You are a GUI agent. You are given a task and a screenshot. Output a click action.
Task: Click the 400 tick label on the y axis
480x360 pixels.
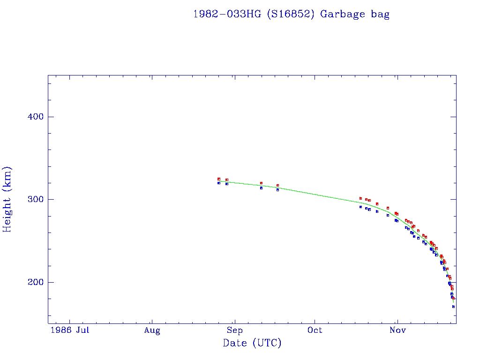click(x=33, y=117)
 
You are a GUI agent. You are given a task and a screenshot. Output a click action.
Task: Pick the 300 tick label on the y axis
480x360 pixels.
click(x=33, y=200)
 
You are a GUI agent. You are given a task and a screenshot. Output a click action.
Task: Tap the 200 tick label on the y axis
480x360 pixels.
click(x=33, y=282)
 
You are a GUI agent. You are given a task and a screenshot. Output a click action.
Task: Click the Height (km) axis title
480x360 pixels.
click(x=7, y=200)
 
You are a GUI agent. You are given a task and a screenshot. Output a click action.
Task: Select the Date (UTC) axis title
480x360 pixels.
click(x=252, y=344)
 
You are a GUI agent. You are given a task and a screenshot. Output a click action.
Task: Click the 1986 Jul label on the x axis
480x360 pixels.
click(x=70, y=330)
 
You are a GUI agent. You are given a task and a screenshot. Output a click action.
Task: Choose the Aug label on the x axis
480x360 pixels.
click(x=152, y=330)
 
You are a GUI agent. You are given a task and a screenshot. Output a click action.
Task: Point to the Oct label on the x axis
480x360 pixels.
click(x=315, y=330)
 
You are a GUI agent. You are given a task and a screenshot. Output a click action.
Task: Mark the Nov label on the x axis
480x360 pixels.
click(x=397, y=330)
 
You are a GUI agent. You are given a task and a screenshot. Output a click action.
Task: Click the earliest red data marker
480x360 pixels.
click(x=219, y=179)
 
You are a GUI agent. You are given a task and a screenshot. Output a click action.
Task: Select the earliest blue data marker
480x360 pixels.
click(x=219, y=183)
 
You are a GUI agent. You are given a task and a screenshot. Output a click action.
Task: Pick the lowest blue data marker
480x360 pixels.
click(x=453, y=307)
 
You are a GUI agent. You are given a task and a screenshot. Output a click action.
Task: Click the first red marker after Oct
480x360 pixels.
click(x=360, y=198)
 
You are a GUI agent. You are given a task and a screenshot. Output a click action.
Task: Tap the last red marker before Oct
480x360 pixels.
click(x=277, y=186)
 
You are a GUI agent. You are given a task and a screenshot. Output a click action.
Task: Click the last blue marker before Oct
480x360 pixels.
click(x=277, y=190)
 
